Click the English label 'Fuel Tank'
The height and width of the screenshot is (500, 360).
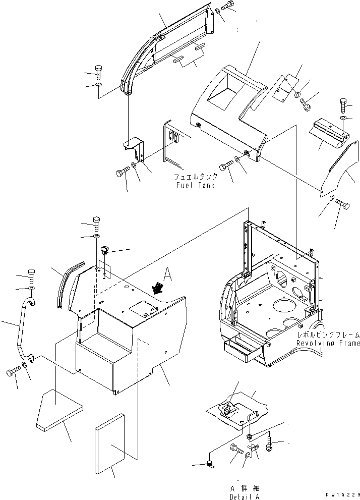click(196, 185)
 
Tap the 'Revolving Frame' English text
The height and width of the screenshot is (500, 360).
click(328, 344)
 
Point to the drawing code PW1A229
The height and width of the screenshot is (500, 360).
click(341, 496)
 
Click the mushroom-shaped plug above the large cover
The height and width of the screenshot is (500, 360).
click(105, 250)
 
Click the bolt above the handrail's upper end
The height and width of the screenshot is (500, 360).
click(31, 274)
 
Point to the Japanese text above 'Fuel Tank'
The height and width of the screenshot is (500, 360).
click(196, 177)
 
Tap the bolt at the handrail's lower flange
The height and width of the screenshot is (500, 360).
click(12, 372)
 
